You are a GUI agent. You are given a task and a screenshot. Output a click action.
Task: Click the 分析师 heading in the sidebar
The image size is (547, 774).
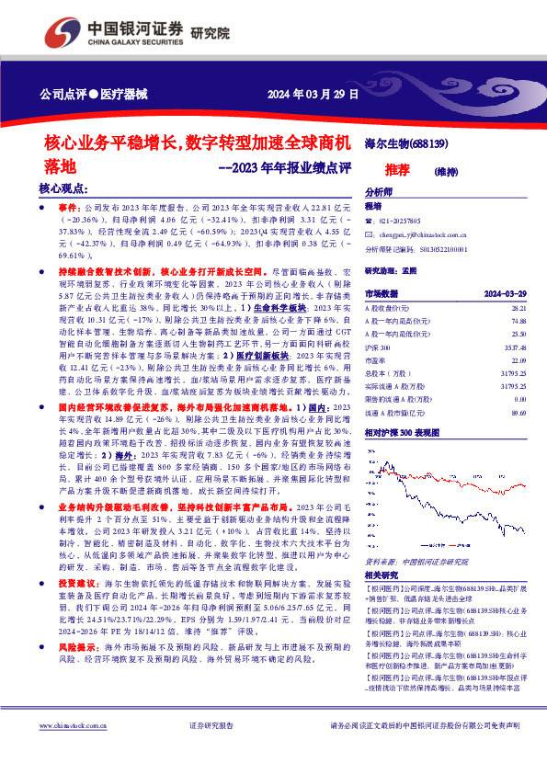coord(379,192)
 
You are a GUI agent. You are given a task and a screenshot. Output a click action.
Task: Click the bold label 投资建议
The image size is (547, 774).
coord(77,584)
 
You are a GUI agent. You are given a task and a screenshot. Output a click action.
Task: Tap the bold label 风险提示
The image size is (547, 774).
coord(77,647)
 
